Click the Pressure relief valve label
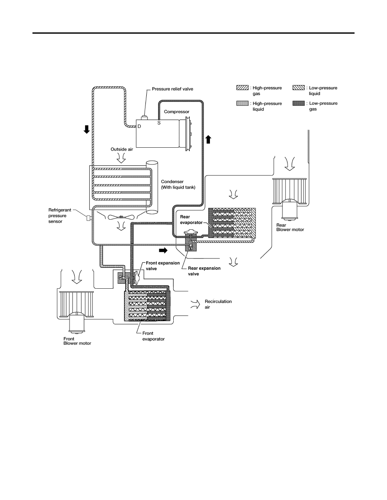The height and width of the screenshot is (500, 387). (x=172, y=89)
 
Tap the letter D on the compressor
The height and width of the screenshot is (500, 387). (x=139, y=127)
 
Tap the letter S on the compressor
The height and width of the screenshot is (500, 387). (x=159, y=123)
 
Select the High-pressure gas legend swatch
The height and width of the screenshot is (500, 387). (x=242, y=88)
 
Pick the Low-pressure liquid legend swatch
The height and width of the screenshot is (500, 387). (x=298, y=88)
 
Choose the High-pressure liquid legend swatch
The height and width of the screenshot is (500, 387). (x=242, y=103)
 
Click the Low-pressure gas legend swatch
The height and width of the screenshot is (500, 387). (x=298, y=103)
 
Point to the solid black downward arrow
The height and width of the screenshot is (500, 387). (x=86, y=129)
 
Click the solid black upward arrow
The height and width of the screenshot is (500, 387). (x=208, y=139)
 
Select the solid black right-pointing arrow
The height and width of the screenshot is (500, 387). (x=163, y=250)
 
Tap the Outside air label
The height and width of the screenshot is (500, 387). (x=122, y=149)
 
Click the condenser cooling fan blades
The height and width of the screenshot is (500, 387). (x=121, y=217)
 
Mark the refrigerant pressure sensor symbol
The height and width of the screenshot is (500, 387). (x=89, y=218)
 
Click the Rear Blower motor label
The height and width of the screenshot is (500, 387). (x=290, y=227)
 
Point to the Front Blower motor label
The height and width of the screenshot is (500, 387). (x=77, y=341)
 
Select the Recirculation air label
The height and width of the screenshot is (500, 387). (x=218, y=304)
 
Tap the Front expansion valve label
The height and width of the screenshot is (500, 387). (x=163, y=266)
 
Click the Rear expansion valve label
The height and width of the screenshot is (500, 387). (x=204, y=271)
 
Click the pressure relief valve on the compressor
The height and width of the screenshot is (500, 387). (x=144, y=118)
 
